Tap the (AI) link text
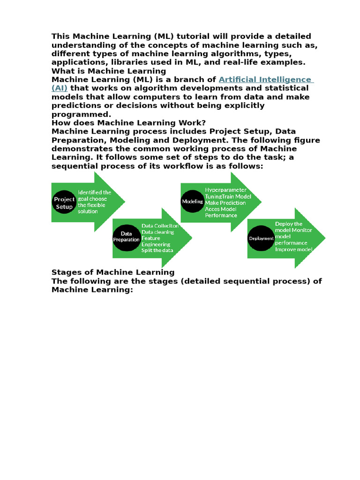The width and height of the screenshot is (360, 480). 60,88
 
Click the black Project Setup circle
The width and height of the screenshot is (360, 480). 65,203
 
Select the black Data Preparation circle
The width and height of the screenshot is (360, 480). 127,236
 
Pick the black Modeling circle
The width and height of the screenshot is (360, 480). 193,201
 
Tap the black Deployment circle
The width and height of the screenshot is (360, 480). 261,239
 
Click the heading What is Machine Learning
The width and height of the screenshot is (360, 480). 109,71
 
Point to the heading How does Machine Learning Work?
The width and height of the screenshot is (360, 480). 128,123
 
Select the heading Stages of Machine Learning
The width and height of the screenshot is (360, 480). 112,272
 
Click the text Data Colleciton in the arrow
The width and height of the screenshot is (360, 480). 160,226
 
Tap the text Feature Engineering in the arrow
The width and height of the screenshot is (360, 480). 156,241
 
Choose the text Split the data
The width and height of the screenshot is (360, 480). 157,250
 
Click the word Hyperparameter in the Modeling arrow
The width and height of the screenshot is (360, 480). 225,190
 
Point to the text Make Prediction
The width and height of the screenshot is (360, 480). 225,203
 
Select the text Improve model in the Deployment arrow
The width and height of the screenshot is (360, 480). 293,249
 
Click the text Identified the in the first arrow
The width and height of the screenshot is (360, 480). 94,192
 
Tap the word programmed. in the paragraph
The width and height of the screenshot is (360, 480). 81,114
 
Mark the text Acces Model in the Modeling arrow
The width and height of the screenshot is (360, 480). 220,209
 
